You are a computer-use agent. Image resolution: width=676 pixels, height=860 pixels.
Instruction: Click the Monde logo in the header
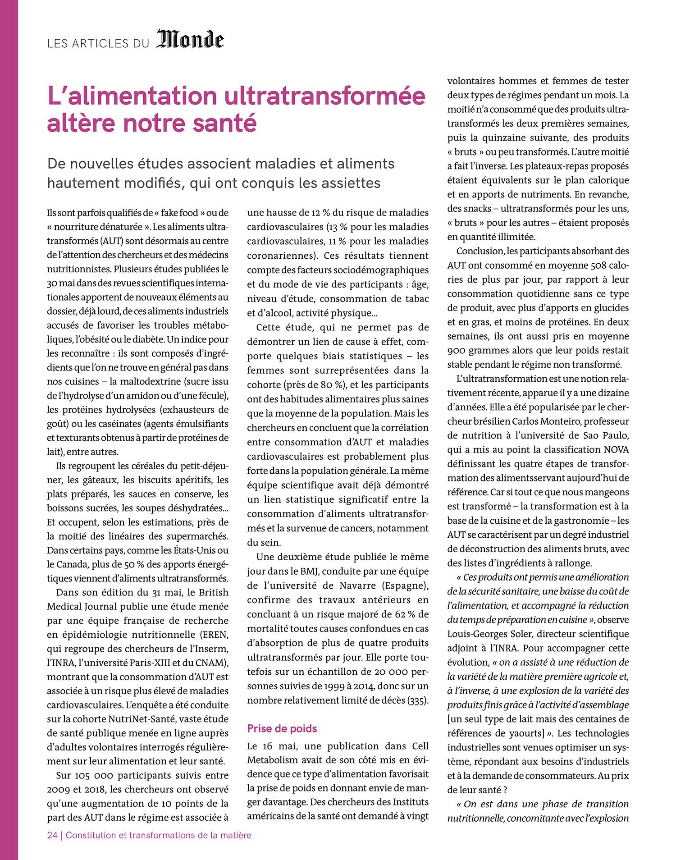pyautogui.click(x=190, y=41)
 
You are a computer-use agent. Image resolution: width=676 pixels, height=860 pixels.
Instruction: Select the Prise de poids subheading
pyautogui.click(x=282, y=728)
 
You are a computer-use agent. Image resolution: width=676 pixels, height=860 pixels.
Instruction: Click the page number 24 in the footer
pyautogui.click(x=52, y=835)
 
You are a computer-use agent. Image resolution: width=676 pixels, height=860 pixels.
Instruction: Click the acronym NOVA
pyautogui.click(x=616, y=449)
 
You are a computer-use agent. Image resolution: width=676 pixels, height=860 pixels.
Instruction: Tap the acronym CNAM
pyautogui.click(x=208, y=663)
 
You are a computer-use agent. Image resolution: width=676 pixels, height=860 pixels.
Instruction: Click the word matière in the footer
pyautogui.click(x=236, y=835)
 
